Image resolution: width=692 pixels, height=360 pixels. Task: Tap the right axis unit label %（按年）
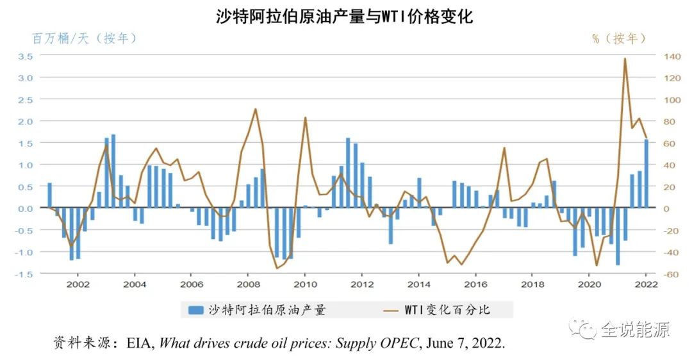618,38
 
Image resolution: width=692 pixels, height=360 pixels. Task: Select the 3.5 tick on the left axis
26,56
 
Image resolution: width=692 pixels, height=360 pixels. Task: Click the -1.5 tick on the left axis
24,274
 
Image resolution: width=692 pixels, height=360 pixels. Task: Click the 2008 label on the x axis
248,284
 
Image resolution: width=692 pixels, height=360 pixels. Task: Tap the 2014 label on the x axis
418,284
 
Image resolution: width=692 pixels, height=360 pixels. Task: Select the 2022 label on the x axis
646,284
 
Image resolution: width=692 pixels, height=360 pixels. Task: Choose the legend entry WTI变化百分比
447,310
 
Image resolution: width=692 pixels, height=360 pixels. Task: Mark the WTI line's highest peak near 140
625,59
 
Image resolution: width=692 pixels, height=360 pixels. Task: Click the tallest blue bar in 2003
113,171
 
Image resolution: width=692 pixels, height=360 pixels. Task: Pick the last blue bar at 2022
647,174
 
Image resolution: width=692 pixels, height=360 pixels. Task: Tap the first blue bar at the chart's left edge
50,195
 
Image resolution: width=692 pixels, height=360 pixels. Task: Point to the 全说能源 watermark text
634,330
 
